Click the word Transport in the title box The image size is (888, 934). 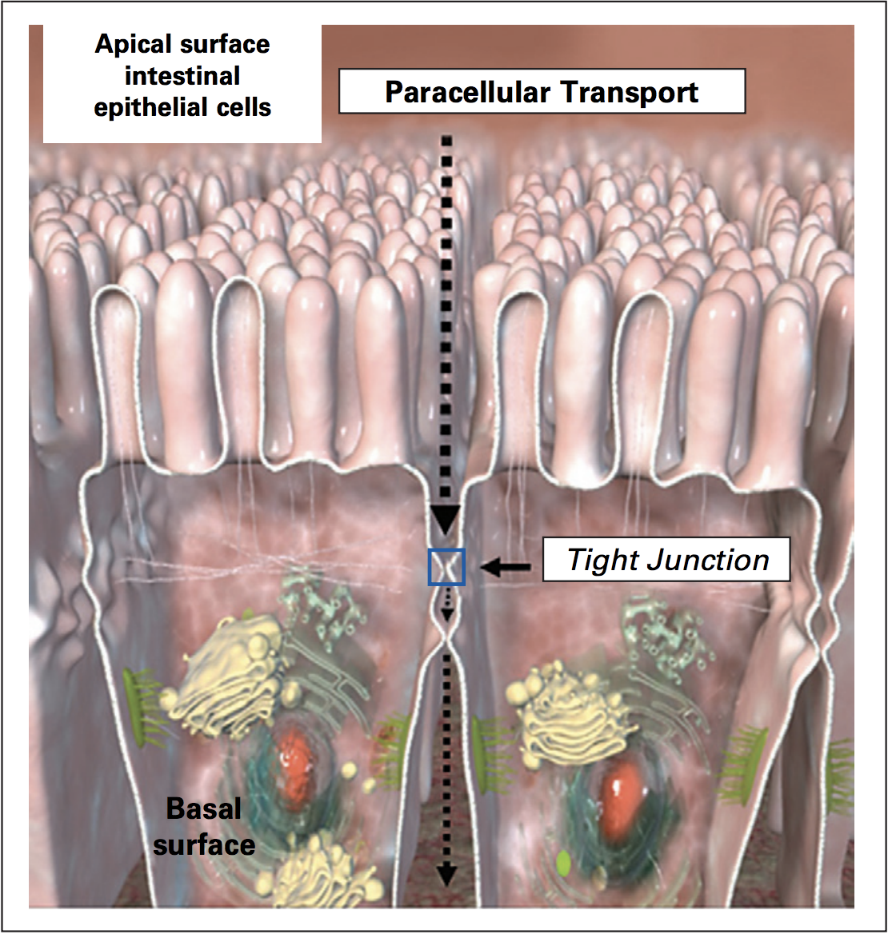(x=630, y=92)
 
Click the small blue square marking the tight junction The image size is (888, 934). (x=446, y=567)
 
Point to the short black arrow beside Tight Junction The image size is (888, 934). (x=506, y=568)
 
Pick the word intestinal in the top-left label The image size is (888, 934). (x=182, y=76)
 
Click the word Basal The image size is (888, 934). (x=204, y=809)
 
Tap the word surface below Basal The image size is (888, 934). (x=205, y=844)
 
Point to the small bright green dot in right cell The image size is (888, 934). (x=562, y=861)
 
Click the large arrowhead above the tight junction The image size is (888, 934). (x=446, y=519)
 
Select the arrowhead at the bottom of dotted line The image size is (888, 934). (x=446, y=876)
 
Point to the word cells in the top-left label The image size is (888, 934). (x=246, y=108)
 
